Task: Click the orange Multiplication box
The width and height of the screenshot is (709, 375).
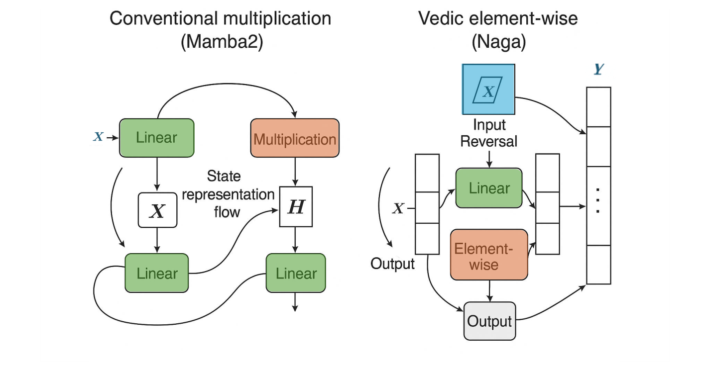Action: (x=295, y=139)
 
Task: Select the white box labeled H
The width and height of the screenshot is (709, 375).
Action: (x=296, y=207)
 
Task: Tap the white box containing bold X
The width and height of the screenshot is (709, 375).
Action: (x=157, y=210)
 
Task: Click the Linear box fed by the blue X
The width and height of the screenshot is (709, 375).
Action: (x=156, y=138)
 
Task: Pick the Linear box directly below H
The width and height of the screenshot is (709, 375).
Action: (x=296, y=273)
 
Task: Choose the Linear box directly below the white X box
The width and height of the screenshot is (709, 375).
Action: (x=156, y=273)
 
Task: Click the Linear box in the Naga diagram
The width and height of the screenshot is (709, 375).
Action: (x=489, y=188)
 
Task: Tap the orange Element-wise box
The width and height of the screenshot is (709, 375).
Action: (x=488, y=255)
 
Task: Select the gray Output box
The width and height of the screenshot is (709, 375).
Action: (x=489, y=321)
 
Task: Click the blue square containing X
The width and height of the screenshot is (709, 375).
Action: (x=488, y=91)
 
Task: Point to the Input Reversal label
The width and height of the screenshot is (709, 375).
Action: (x=488, y=133)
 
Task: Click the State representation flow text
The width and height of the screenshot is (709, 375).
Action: (x=227, y=194)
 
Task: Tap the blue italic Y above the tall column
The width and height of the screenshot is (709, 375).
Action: (x=598, y=69)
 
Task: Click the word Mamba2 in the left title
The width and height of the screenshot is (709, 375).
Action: (x=222, y=42)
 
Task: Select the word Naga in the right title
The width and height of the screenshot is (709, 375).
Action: (x=498, y=42)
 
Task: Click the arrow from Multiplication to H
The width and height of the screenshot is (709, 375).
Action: (x=296, y=172)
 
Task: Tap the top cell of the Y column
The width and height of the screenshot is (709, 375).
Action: (x=598, y=107)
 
